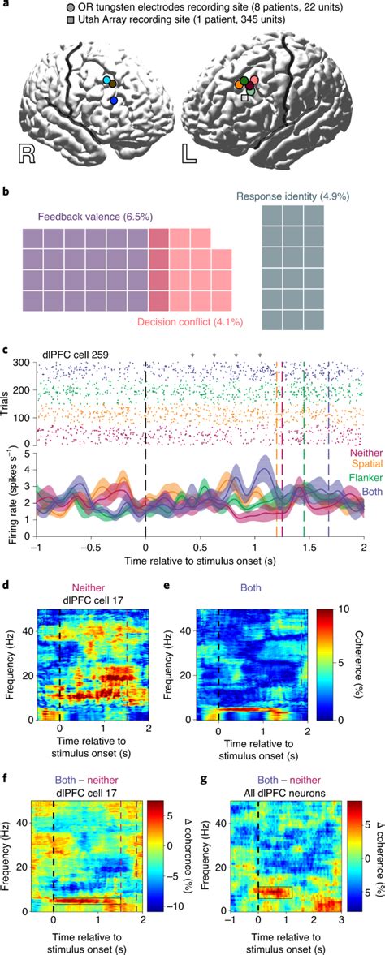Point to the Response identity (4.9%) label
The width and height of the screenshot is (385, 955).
coord(292,196)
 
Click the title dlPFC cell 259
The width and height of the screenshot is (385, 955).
coord(81,355)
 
